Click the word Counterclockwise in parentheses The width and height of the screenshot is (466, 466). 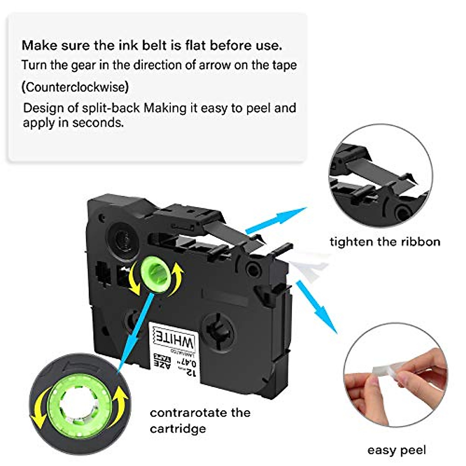(x=75, y=87)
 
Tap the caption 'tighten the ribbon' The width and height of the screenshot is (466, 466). (x=385, y=242)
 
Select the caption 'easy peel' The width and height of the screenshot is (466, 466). (x=396, y=450)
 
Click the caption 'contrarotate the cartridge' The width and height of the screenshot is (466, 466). (x=200, y=421)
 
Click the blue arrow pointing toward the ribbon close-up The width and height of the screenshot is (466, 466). (x=276, y=219)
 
